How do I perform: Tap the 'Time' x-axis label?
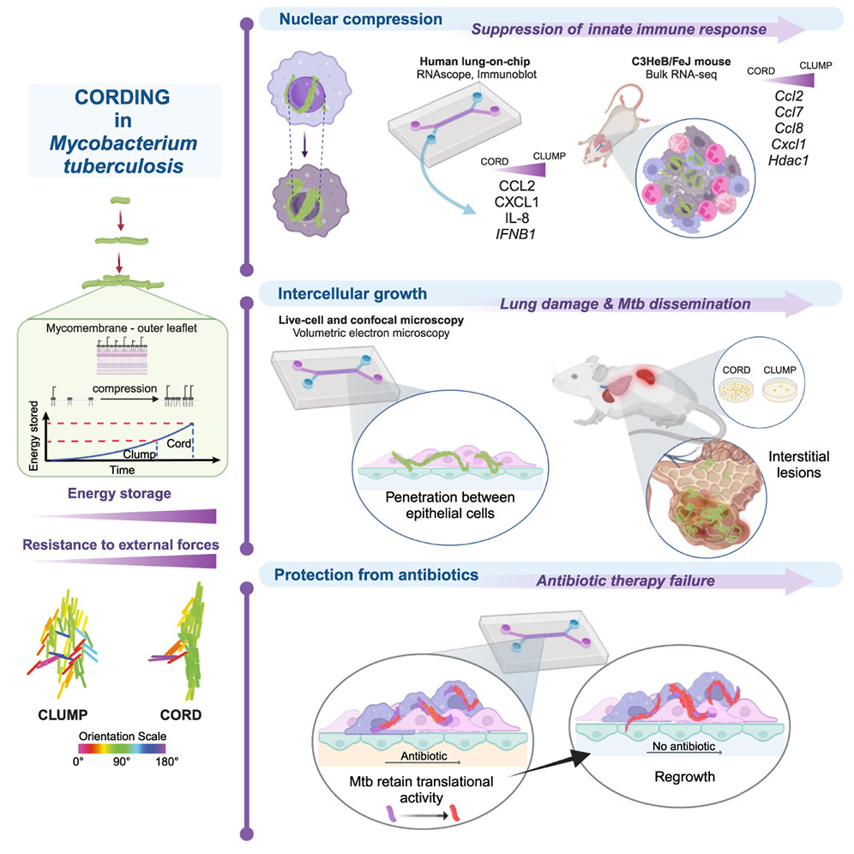pyautogui.click(x=125, y=471)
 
